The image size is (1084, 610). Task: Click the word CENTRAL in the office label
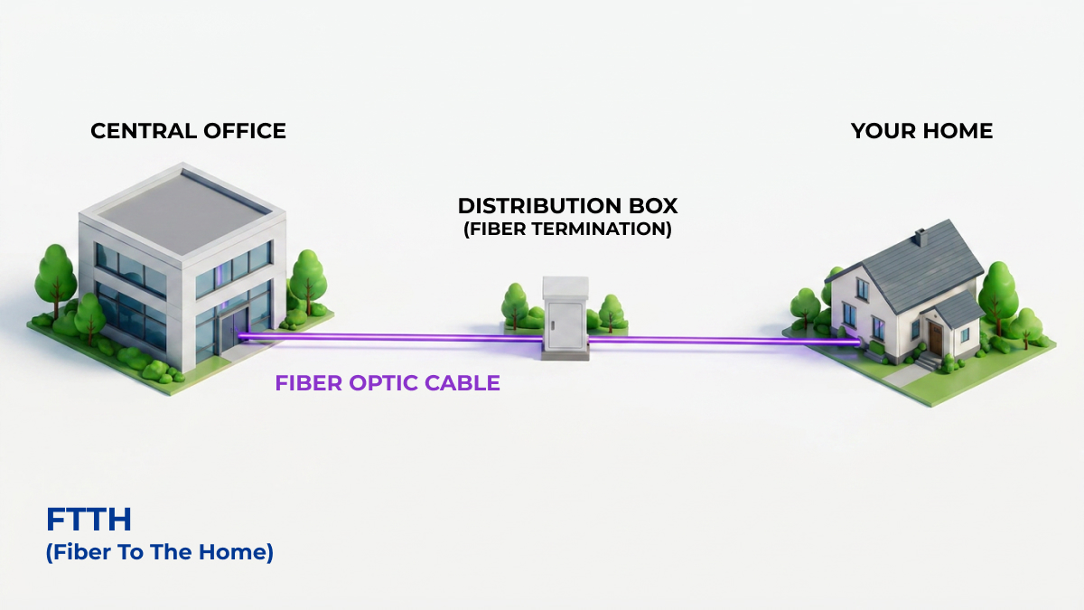[143, 131]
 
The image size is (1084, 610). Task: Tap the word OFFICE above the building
[245, 131]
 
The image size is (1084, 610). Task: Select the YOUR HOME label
[922, 131]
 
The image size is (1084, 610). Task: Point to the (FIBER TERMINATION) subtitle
[567, 229]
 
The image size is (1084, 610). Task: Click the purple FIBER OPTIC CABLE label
[388, 383]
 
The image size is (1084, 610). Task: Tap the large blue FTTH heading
[89, 520]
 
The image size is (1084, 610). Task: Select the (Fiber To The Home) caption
[160, 552]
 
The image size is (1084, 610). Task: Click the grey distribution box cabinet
[565, 318]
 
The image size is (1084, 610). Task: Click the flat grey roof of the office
[182, 211]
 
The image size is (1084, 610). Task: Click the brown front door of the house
[936, 338]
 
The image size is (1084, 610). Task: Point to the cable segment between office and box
[389, 337]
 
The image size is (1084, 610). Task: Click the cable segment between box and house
[724, 342]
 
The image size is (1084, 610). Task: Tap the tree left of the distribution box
[514, 306]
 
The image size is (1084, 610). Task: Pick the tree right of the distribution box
[612, 313]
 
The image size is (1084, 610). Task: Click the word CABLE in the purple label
[463, 383]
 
